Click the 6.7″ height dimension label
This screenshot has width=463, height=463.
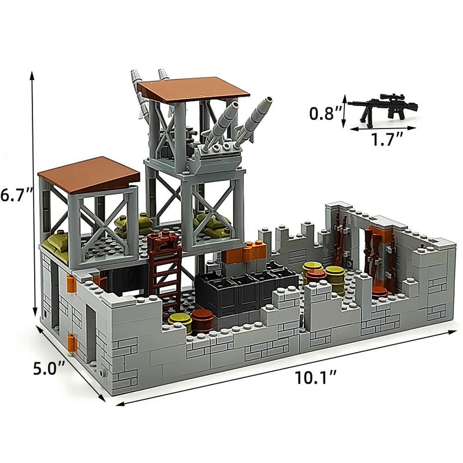(16, 195)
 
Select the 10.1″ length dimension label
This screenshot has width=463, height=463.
(315, 377)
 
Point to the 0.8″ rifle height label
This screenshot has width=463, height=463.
(326, 113)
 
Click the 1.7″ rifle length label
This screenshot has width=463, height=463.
(387, 139)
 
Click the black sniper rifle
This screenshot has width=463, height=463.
(383, 108)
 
